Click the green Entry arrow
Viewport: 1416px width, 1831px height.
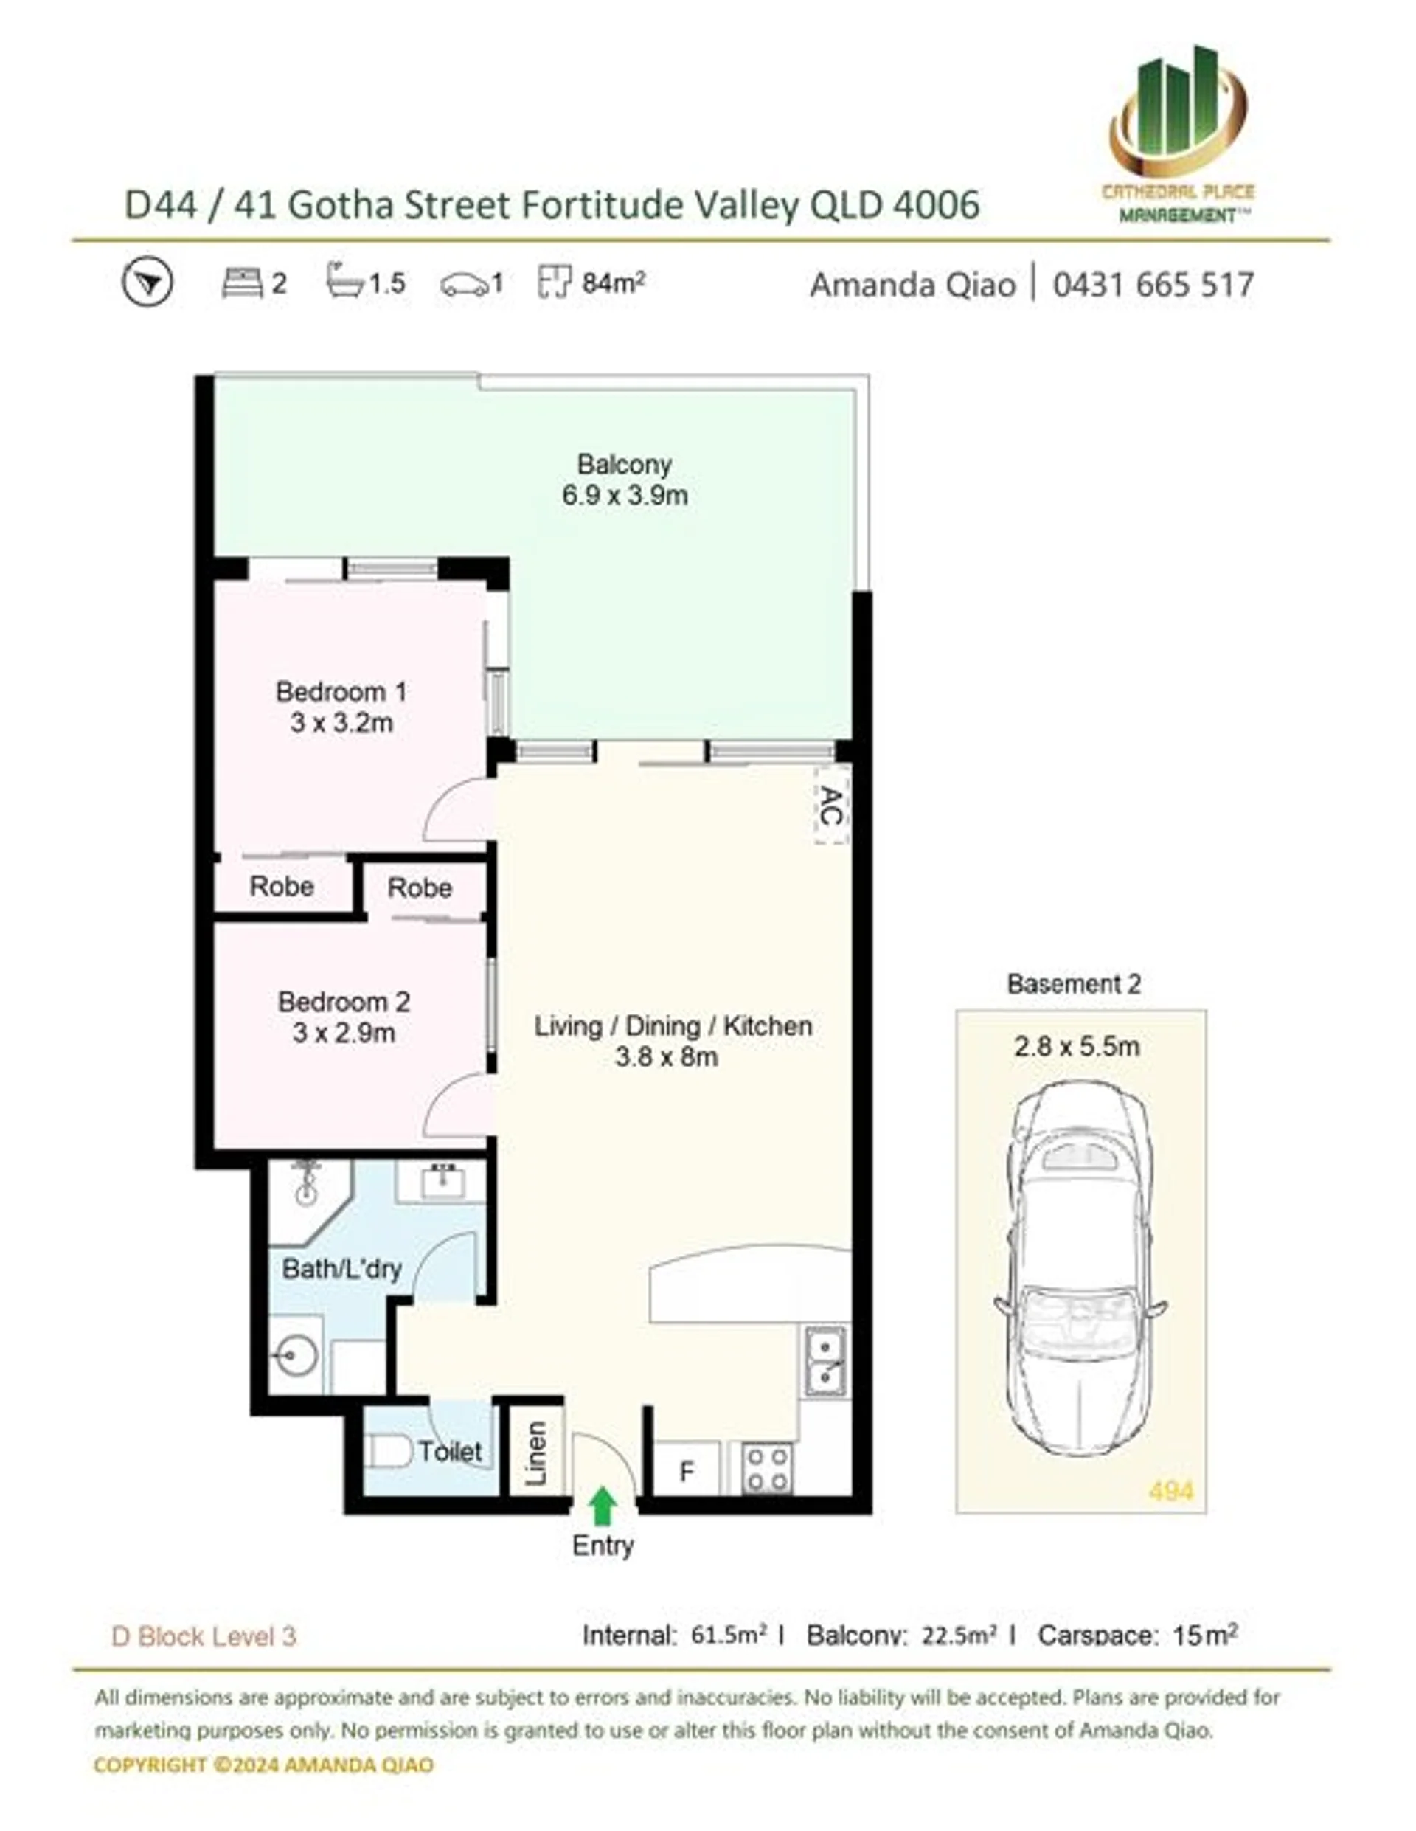pyautogui.click(x=602, y=1506)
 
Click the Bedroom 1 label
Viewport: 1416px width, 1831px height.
pyautogui.click(x=341, y=692)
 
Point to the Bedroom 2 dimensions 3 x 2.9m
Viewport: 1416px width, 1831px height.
pyautogui.click(x=343, y=1034)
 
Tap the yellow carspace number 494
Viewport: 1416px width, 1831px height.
pyautogui.click(x=1170, y=1492)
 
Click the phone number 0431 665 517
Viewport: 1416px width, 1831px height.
pyautogui.click(x=1153, y=285)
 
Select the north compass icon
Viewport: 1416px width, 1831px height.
pyautogui.click(x=147, y=283)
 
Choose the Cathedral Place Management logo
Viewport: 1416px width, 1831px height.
pyautogui.click(x=1178, y=134)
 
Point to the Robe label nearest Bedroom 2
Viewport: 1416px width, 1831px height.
pyautogui.click(x=419, y=887)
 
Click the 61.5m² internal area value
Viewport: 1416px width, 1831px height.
pyautogui.click(x=729, y=1635)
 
